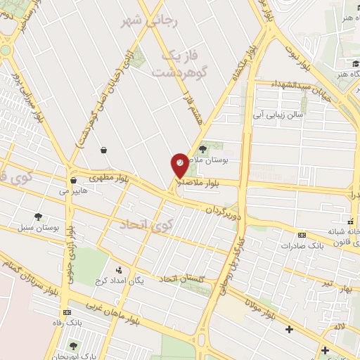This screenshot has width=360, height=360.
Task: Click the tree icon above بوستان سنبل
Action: [38, 216]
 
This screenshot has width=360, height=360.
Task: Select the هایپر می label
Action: [73, 191]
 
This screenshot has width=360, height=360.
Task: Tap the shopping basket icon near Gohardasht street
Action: [104, 150]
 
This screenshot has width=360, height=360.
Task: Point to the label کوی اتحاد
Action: [146, 225]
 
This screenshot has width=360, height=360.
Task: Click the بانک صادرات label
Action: [301, 246]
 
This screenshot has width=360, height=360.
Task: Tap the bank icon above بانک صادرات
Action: [302, 235]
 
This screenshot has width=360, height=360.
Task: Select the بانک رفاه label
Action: [67, 324]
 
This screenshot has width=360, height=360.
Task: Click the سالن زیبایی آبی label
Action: [280, 115]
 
